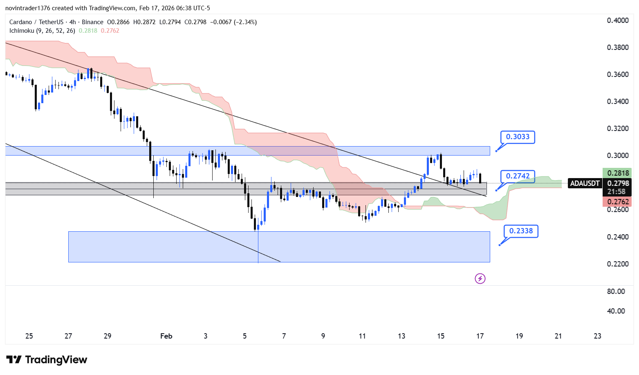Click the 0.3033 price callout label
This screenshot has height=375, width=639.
click(x=518, y=137)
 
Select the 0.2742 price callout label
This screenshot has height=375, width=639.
click(x=518, y=176)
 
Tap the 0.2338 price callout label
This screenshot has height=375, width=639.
click(x=521, y=231)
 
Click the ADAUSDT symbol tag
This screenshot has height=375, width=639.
click(x=585, y=183)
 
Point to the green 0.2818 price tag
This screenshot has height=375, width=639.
click(x=618, y=173)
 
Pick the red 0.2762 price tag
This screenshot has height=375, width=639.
click(x=618, y=201)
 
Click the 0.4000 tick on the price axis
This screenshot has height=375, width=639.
click(x=618, y=20)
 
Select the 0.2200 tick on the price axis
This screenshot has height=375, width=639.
click(x=618, y=264)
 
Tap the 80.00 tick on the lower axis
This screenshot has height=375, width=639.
click(x=616, y=291)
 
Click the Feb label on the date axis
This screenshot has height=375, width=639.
click(x=166, y=336)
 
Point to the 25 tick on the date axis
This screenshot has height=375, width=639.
click(x=29, y=336)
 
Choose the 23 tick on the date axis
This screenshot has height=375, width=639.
click(x=597, y=336)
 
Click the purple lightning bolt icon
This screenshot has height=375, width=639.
click(x=480, y=279)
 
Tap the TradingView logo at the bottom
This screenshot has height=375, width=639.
click(x=47, y=360)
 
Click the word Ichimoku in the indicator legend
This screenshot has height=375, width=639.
click(x=22, y=31)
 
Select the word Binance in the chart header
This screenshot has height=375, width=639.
click(x=92, y=22)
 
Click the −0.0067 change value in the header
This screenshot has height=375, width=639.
click(x=221, y=22)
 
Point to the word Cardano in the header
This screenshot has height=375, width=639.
click(x=20, y=22)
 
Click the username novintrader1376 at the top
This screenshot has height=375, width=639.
click(x=27, y=8)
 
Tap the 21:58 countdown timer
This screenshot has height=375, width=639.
click(x=616, y=192)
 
